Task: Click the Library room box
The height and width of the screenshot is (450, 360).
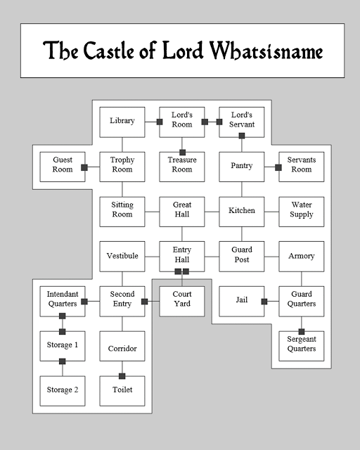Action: (122, 122)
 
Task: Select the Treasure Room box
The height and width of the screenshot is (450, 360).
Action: (182, 167)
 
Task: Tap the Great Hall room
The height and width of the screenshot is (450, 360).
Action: (182, 212)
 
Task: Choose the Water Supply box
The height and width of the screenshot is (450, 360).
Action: (302, 212)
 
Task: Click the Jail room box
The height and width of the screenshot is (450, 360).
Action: (242, 302)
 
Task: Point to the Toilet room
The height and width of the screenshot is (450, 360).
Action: (122, 391)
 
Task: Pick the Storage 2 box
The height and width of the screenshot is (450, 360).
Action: (63, 391)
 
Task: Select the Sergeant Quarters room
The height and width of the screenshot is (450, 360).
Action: (302, 346)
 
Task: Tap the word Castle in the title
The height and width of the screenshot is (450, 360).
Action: (109, 51)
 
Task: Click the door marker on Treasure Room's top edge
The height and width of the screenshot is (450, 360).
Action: (182, 153)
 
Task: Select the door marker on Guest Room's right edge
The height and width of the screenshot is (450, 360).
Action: (84, 167)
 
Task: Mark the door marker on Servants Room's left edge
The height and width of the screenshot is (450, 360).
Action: (278, 167)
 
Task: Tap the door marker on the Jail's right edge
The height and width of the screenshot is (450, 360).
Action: (264, 302)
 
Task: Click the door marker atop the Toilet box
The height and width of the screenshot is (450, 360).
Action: (122, 376)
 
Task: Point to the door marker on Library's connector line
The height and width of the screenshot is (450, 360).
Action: (160, 122)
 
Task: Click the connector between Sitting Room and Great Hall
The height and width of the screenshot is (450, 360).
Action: (152, 212)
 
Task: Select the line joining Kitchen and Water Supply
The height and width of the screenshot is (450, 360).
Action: (271, 212)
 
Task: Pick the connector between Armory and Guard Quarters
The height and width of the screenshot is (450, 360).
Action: (302, 279)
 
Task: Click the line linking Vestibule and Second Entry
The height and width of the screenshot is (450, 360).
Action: (122, 279)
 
